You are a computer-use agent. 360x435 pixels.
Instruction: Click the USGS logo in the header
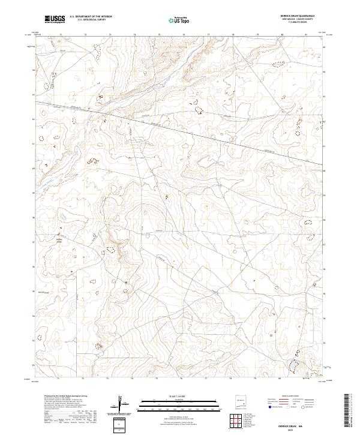[55, 20]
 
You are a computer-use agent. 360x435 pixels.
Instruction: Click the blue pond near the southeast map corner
[294, 364]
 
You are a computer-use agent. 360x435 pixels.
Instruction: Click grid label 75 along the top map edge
[158, 35]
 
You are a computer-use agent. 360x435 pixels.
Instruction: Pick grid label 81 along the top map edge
[306, 35]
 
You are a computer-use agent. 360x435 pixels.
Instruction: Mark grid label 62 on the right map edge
[325, 121]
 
